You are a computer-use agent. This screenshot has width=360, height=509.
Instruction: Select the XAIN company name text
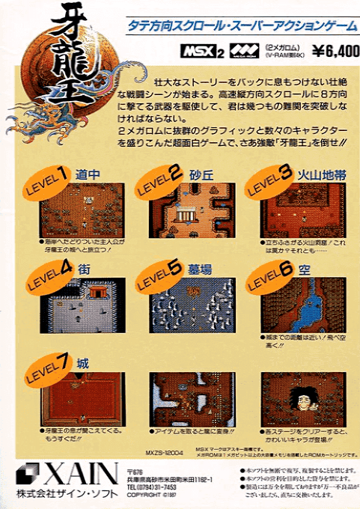click(x=81, y=474)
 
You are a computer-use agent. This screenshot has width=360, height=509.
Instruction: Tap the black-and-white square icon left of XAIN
click(x=28, y=473)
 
